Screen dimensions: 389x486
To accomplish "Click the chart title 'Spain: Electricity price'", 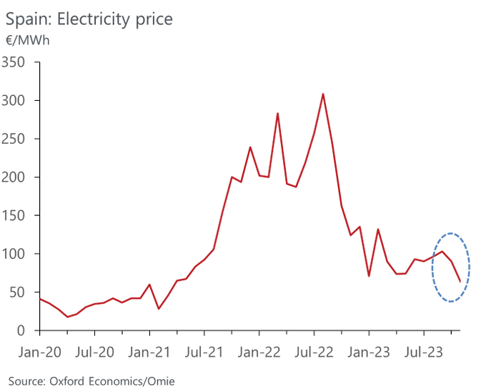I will pos(89,19).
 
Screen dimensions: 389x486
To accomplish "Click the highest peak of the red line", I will pos(323,94).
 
